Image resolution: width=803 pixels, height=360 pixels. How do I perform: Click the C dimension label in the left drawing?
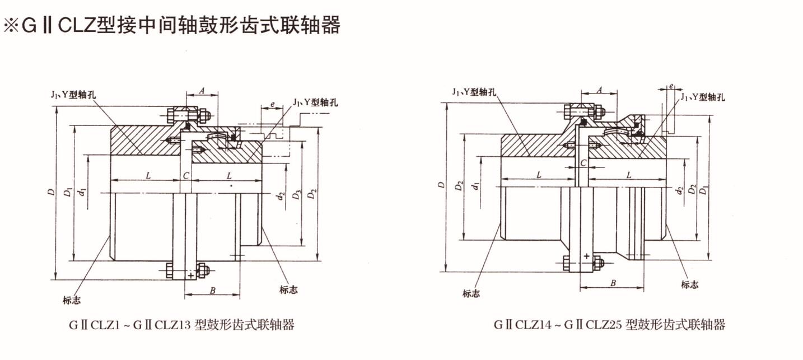tap(186, 175)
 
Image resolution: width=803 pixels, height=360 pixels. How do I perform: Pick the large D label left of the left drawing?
tap(52, 193)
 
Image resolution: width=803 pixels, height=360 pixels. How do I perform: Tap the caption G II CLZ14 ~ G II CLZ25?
tap(609, 325)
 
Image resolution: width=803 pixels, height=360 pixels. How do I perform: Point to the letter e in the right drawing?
tap(671, 87)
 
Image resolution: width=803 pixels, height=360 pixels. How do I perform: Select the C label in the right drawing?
tap(583, 162)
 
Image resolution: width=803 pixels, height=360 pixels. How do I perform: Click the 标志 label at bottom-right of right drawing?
tap(689, 285)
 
